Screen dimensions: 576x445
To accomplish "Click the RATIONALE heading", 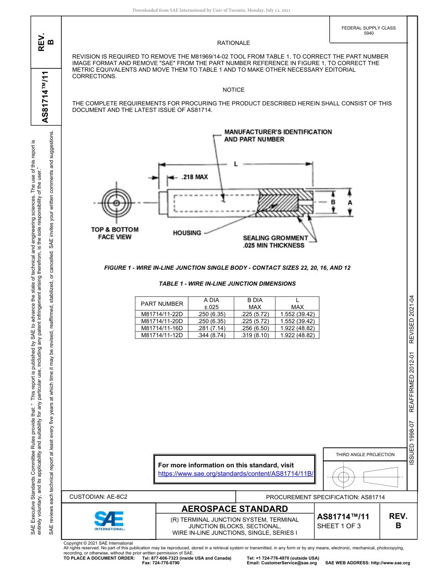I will [233, 43].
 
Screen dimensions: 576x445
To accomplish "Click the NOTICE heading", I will [233, 90].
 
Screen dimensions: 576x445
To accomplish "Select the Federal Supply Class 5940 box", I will [369, 30].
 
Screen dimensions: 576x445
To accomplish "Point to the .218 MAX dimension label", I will [194, 177].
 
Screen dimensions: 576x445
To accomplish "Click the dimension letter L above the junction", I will [236, 164].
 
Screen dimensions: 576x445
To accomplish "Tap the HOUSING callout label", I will [187, 233].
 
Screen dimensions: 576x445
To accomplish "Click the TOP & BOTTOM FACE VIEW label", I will [115, 233].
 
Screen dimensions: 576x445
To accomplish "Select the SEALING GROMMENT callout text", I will [275, 242].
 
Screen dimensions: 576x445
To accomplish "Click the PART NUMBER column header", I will [162, 303].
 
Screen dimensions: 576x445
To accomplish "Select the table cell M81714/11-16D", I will [162, 328].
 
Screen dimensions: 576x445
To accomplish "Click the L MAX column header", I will [297, 303].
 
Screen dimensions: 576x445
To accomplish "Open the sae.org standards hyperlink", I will [236, 473].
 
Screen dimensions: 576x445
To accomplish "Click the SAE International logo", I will [109, 520].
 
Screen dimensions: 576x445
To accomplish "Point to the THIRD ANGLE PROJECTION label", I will [365, 454].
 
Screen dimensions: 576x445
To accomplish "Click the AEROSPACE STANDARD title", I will [235, 509].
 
